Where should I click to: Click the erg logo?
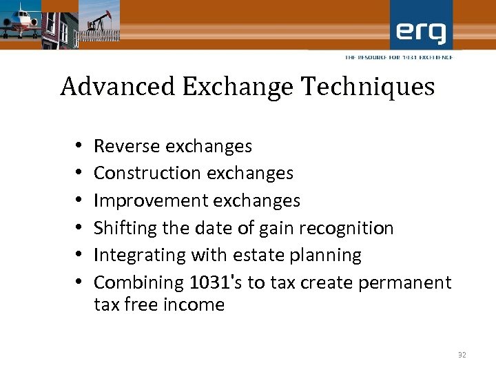click(421, 32)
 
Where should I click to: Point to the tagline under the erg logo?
click(399, 57)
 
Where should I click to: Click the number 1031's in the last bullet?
click(214, 282)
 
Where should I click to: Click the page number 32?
click(462, 355)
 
